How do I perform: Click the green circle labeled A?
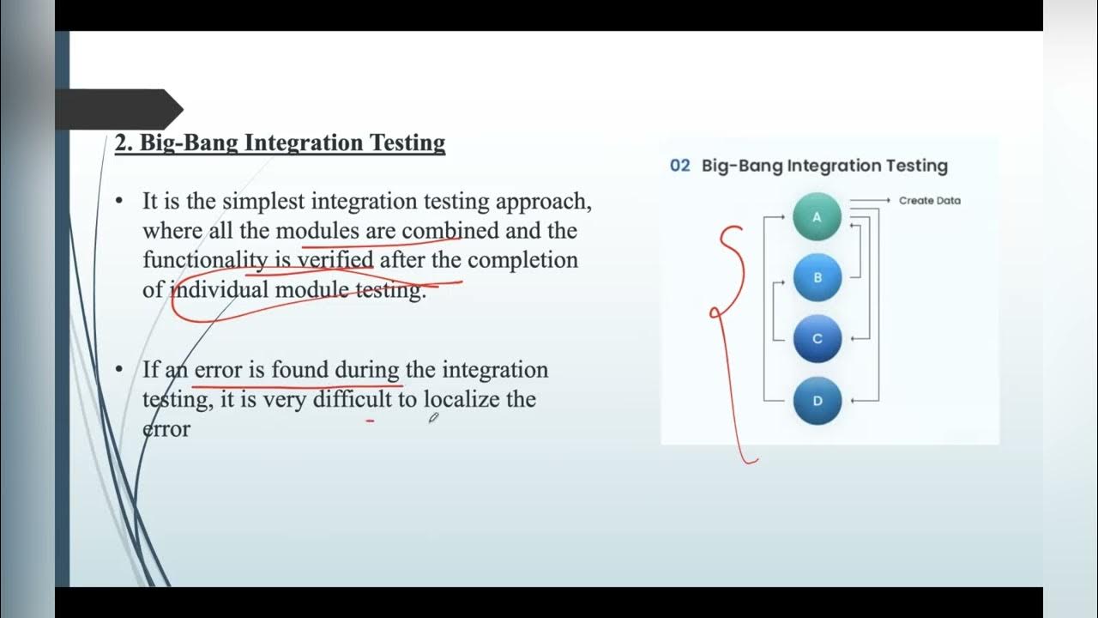click(x=817, y=217)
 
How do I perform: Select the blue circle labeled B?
click(x=817, y=277)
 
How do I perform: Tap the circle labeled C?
click(x=817, y=339)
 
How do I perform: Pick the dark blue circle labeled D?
click(x=817, y=401)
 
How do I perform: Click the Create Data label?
click(x=929, y=201)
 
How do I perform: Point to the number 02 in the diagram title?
click(x=679, y=166)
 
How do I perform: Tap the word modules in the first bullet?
click(x=317, y=231)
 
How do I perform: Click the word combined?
click(x=449, y=231)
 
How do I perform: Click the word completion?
click(x=522, y=260)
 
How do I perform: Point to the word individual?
click(x=220, y=290)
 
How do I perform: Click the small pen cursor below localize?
click(x=434, y=418)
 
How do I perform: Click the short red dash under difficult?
click(x=370, y=421)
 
